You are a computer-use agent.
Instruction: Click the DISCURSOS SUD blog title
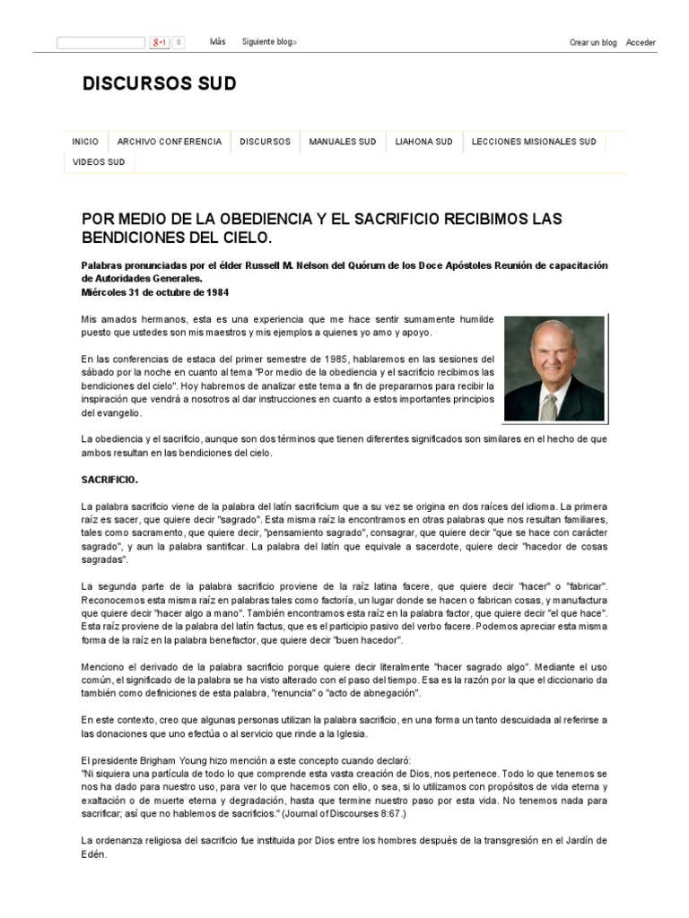160,84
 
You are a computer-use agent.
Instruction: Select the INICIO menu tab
85,142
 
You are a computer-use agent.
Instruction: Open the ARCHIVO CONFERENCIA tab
169,142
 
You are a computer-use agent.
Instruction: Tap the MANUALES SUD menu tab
343,142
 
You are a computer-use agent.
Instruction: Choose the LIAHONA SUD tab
423,142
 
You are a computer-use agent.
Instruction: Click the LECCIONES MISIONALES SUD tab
534,142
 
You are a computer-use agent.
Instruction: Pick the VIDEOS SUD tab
99,162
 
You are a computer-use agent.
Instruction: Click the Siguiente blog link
268,42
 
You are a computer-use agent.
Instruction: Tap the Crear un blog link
593,43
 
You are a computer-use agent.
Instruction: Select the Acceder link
641,43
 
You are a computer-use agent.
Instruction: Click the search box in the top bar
100,43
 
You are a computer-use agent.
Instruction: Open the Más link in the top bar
217,42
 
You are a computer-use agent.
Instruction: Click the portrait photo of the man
554,368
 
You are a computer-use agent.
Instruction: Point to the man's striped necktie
548,405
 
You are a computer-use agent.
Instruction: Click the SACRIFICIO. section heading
109,480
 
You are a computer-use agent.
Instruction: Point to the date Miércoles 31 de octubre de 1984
154,291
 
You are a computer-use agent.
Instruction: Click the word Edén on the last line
93,854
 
